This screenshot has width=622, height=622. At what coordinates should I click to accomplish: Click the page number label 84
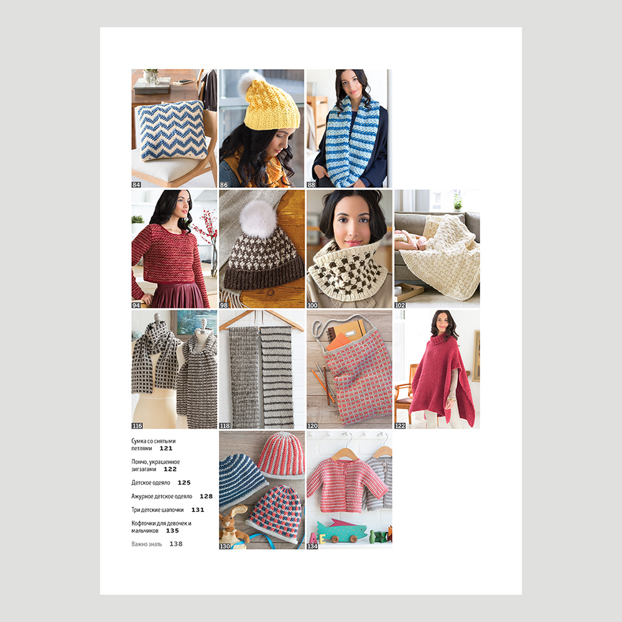[136, 185]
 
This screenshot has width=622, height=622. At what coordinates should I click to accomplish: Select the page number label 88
[311, 185]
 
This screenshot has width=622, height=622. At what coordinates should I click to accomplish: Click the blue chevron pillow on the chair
[172, 130]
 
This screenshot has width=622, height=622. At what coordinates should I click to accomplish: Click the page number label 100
[312, 305]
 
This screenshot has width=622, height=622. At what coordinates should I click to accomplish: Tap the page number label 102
[400, 305]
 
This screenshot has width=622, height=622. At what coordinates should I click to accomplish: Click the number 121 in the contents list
[166, 448]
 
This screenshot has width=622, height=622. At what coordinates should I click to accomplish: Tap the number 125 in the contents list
[184, 483]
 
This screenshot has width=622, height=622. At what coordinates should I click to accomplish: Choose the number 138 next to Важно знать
[176, 544]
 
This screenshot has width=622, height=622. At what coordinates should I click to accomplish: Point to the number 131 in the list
[198, 510]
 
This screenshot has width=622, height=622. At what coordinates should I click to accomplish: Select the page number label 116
[137, 425]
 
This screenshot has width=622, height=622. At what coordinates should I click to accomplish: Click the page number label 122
[400, 425]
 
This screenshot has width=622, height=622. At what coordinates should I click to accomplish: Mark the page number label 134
[312, 546]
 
